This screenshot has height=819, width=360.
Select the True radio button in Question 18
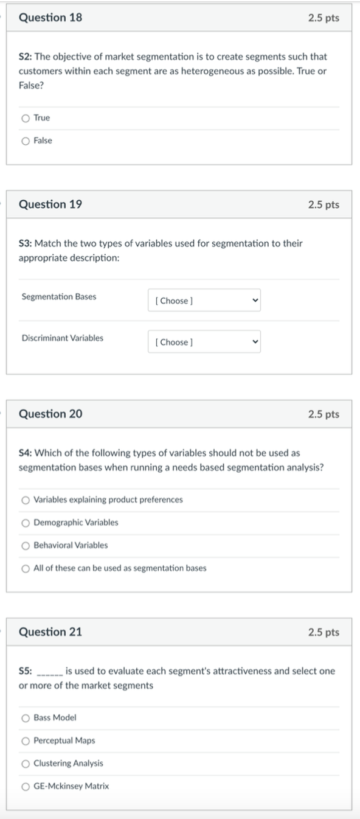pyautogui.click(x=26, y=118)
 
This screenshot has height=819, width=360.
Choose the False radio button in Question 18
pyautogui.click(x=26, y=141)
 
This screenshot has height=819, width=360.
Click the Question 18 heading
pyautogui.click(x=50, y=18)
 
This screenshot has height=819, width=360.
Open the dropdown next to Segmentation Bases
pyautogui.click(x=204, y=301)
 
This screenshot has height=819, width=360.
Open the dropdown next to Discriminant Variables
pyautogui.click(x=204, y=342)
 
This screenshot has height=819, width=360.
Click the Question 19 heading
pyautogui.click(x=50, y=204)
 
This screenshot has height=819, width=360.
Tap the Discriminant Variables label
pyautogui.click(x=62, y=338)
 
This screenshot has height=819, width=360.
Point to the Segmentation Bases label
pyautogui.click(x=58, y=297)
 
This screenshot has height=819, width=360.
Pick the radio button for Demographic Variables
pyautogui.click(x=26, y=523)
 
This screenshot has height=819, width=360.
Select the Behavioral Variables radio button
pyautogui.click(x=26, y=545)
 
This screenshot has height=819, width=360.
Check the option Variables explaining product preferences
pyautogui.click(x=26, y=500)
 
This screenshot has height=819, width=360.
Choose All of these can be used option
pyautogui.click(x=26, y=568)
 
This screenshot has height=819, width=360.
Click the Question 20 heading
pyautogui.click(x=50, y=414)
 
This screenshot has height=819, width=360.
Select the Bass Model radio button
pyautogui.click(x=26, y=718)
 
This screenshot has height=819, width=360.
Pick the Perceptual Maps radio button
pyautogui.click(x=26, y=741)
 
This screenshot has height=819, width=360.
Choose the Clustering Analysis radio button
pyautogui.click(x=26, y=764)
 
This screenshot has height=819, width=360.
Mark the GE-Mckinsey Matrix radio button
pyautogui.click(x=26, y=786)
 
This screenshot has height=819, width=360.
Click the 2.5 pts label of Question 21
pyautogui.click(x=324, y=632)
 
